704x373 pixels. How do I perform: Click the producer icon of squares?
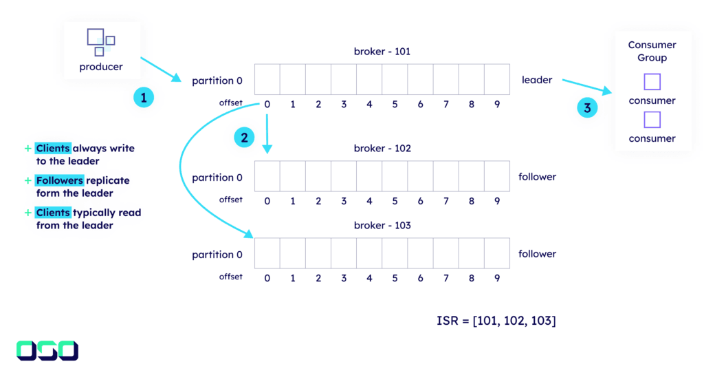[100, 41]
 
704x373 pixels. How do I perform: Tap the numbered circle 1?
[143, 98]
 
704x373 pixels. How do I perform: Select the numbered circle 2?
[243, 138]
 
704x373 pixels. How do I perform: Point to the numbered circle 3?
[587, 107]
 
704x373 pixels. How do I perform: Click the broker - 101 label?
[382, 52]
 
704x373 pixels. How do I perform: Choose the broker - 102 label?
[382, 149]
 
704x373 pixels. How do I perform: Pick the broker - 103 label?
[382, 226]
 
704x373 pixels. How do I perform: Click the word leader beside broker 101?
[537, 80]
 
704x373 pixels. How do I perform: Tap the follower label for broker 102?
[537, 177]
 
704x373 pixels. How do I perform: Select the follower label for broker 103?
[537, 254]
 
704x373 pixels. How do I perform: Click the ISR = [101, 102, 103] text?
[496, 321]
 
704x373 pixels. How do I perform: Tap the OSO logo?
[47, 350]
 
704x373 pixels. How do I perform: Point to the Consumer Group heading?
[652, 52]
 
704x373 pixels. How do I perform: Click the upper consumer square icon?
[652, 82]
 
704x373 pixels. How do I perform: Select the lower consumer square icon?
[652, 120]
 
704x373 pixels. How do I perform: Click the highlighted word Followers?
[59, 180]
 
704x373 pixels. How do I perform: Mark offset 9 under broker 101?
[496, 105]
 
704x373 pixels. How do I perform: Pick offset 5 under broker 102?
[395, 202]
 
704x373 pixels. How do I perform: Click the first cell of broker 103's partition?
[267, 253]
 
